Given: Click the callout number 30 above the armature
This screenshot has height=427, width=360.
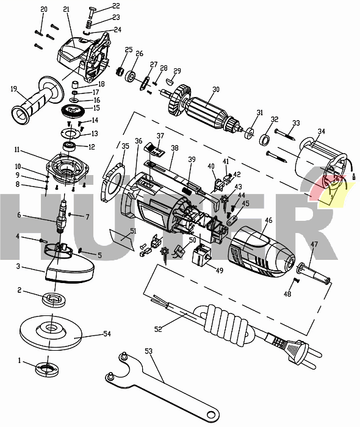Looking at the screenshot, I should pyautogui.click(x=215, y=90).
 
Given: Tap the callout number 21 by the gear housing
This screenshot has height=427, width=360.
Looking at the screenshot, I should pyautogui.click(x=66, y=9).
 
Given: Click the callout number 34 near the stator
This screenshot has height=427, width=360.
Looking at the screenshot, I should pyautogui.click(x=321, y=131).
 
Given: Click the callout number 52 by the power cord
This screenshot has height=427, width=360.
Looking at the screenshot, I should pyautogui.click(x=159, y=329).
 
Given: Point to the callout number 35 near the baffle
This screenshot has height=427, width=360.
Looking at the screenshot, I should pyautogui.click(x=124, y=146).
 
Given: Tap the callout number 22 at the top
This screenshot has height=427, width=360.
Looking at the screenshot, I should pyautogui.click(x=116, y=6).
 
